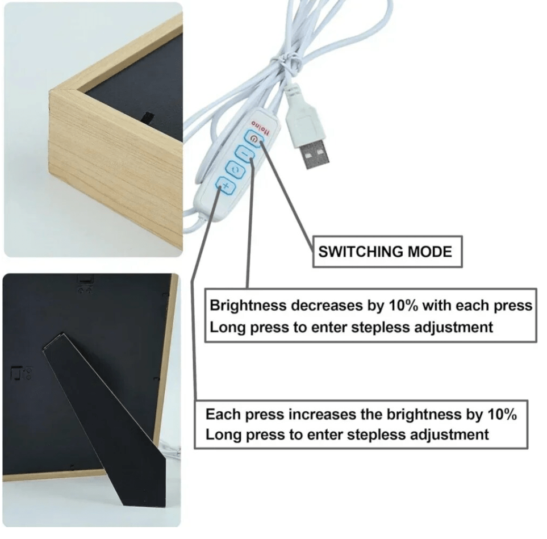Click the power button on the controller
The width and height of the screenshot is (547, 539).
[x=254, y=139]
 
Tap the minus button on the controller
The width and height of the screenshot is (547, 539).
[x=245, y=153]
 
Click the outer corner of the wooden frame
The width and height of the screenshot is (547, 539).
[x=50, y=91]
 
